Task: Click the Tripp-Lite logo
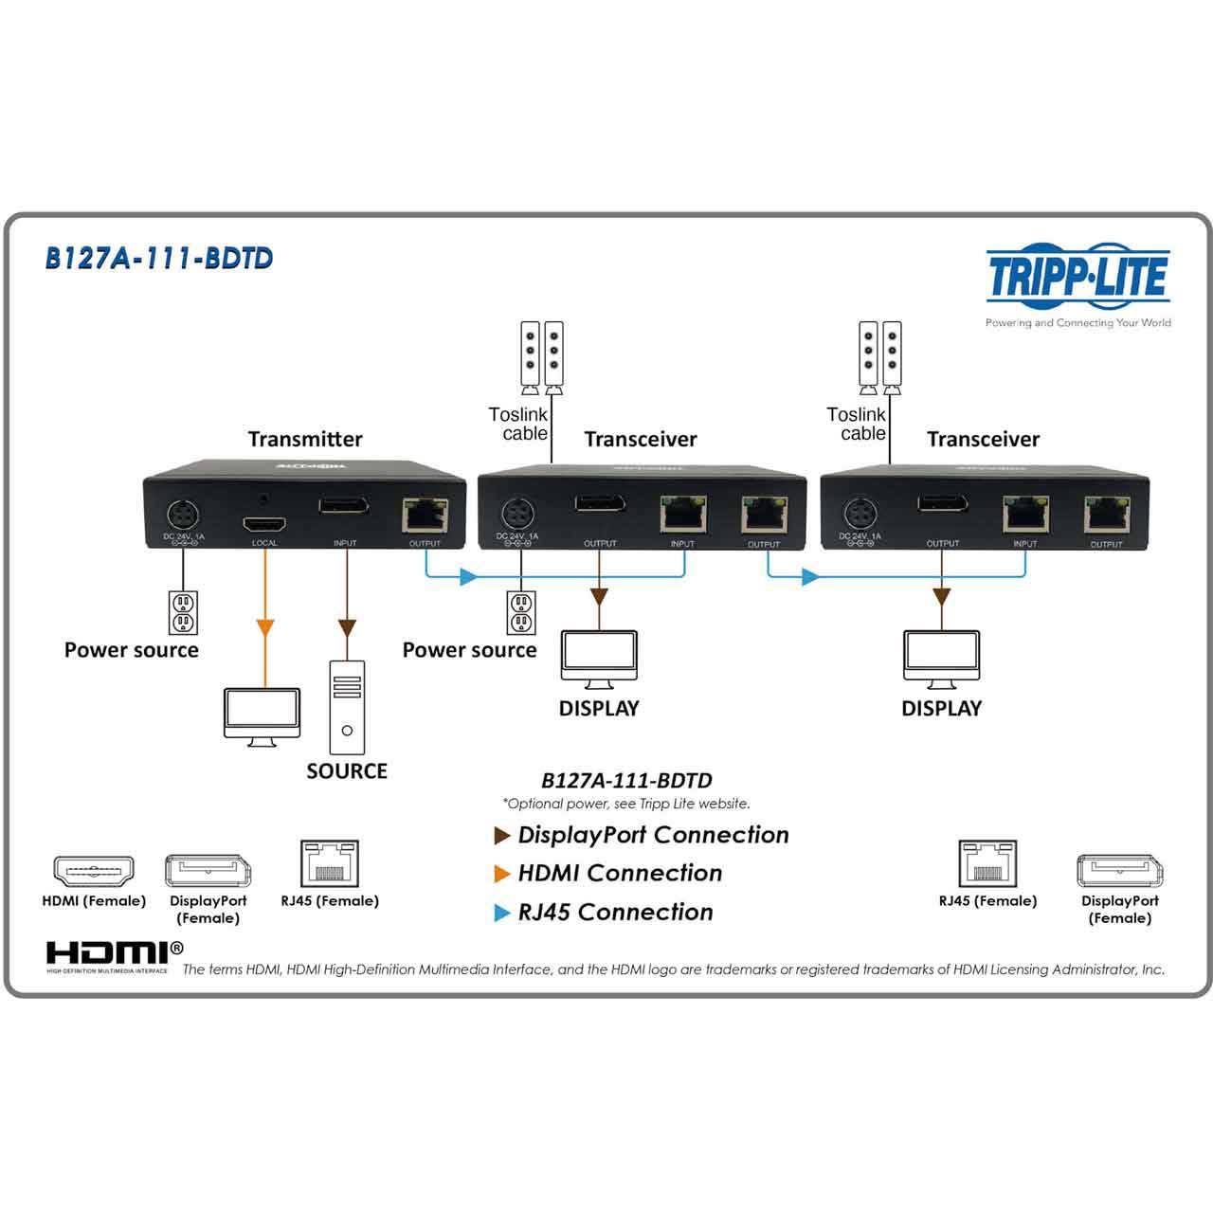(1077, 277)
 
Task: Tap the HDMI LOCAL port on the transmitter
(264, 524)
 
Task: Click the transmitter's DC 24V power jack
(183, 517)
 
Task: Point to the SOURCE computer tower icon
(347, 707)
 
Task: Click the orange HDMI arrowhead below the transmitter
(265, 627)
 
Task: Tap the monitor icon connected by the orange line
(263, 715)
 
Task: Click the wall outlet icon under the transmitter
(183, 612)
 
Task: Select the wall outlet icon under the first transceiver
(520, 612)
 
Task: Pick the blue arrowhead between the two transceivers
(809, 576)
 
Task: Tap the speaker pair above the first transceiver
(542, 357)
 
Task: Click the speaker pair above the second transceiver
(879, 357)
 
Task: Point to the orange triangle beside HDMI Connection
(502, 874)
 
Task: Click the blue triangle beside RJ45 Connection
(502, 913)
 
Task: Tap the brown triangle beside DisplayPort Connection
(502, 836)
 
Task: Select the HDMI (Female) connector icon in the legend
(94, 870)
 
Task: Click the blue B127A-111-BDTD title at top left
(159, 259)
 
